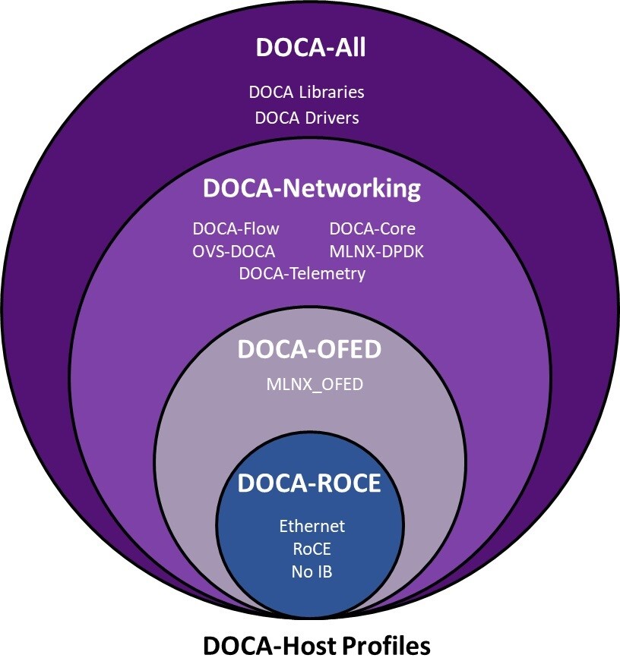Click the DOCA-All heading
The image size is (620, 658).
coord(311,48)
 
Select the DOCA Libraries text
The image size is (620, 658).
coord(307,93)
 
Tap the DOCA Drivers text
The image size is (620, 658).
coord(307,118)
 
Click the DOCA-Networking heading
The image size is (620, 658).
coord(312,189)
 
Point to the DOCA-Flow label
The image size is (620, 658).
coord(236,228)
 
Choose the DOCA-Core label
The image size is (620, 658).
coord(372,228)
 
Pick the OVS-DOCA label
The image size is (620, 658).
coord(234,251)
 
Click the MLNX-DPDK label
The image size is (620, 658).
coord(376,251)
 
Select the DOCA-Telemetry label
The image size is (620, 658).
coord(302,273)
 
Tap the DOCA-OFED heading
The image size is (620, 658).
coord(308,350)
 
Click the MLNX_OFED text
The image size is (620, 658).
coord(314,384)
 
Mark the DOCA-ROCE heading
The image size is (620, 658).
coord(308,483)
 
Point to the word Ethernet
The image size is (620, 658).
coord(312,526)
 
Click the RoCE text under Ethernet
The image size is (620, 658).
coord(312,548)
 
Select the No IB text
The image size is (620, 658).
coord(312,571)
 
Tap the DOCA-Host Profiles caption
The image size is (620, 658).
coord(316,645)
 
